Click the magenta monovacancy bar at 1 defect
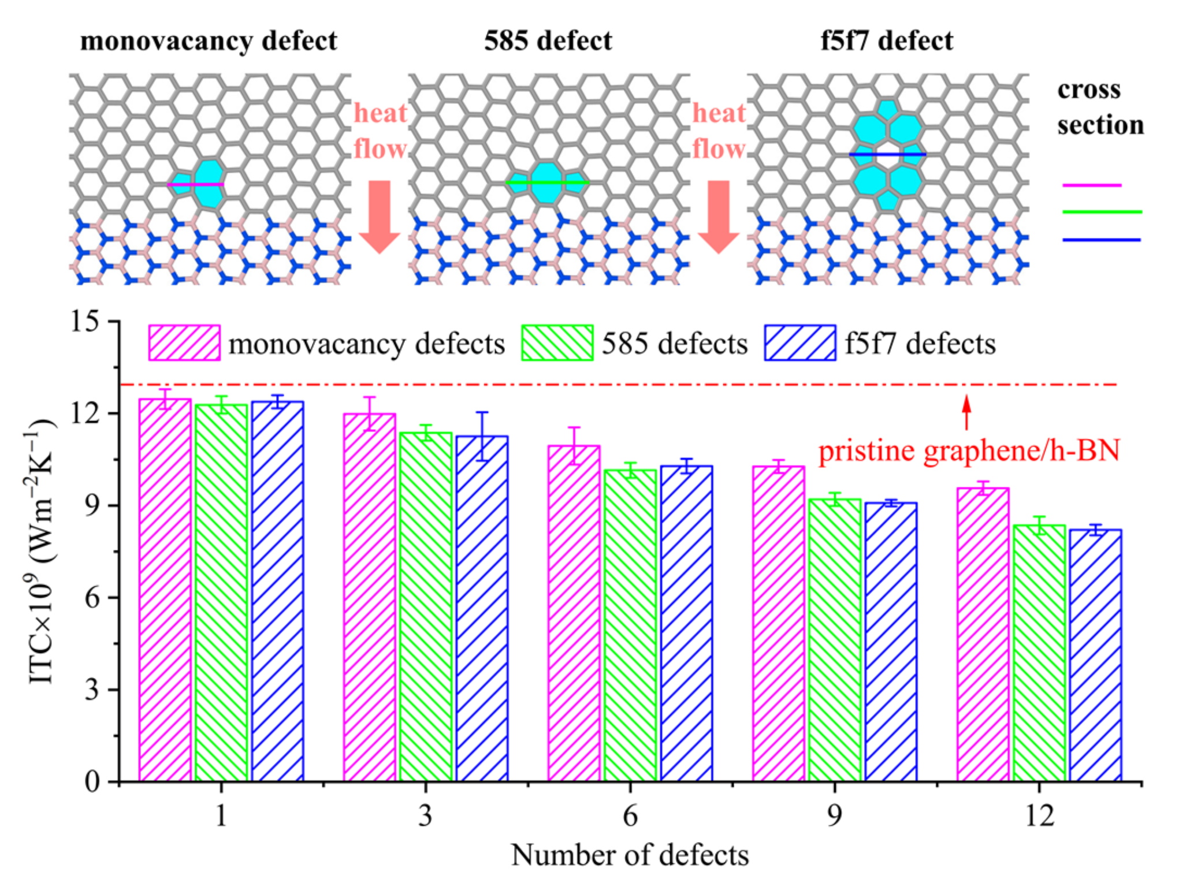(165, 589)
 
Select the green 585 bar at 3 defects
(426, 606)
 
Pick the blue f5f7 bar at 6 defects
(686, 624)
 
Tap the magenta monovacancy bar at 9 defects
(778, 624)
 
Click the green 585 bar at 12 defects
(1039, 653)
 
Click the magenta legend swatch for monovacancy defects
(184, 343)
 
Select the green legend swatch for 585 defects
(557, 343)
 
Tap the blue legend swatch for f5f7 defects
(800, 343)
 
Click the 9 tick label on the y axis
(92, 505)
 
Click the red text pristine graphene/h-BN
(969, 451)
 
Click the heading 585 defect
(548, 41)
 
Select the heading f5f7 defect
(887, 41)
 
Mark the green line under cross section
(1102, 212)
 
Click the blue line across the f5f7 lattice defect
(887, 154)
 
